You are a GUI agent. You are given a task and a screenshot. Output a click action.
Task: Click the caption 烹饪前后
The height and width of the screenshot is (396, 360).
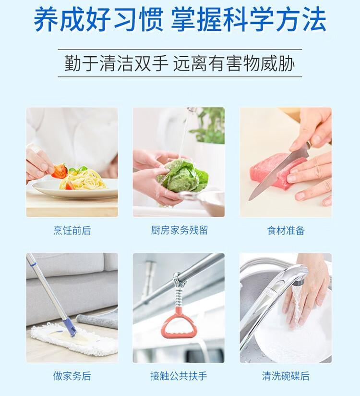point(72,230)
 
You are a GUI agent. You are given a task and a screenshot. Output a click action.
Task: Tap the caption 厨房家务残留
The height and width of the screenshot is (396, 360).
point(179,230)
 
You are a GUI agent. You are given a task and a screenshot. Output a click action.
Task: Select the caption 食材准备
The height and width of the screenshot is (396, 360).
point(286,230)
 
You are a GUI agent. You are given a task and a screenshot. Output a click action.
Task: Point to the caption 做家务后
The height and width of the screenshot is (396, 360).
point(72,376)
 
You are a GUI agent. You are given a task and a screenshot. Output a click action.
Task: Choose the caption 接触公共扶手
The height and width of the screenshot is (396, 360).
point(179,376)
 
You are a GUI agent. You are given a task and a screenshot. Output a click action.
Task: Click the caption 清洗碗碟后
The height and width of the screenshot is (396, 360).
point(286,376)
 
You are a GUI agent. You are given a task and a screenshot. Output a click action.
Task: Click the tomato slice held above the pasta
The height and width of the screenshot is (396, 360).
point(60,171)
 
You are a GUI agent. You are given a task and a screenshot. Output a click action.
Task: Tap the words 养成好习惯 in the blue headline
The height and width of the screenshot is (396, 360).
point(98,20)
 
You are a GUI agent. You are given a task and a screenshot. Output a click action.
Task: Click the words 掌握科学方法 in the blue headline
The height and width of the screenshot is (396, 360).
point(249,20)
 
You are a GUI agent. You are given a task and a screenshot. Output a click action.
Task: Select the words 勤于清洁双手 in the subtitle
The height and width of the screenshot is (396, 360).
point(116,63)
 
